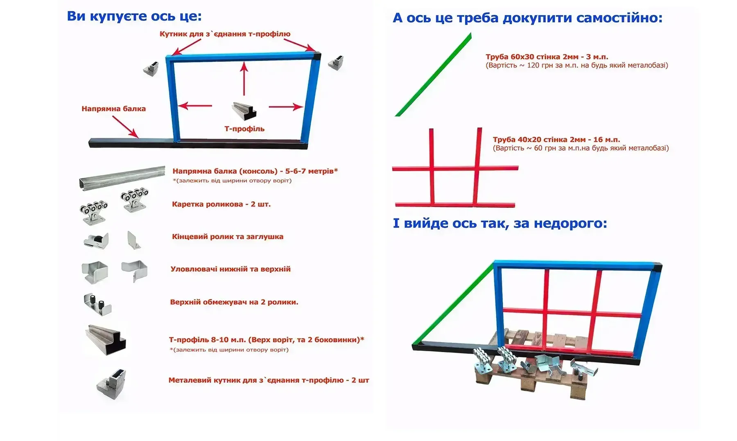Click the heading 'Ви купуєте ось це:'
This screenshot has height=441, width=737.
click(134, 16)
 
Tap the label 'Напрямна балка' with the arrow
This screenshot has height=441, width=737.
click(113, 109)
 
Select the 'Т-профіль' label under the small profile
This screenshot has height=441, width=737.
click(244, 129)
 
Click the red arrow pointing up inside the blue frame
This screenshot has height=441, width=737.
click(244, 79)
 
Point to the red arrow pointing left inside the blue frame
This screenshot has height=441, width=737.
click(195, 106)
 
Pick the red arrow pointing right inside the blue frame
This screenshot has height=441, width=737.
click(286, 107)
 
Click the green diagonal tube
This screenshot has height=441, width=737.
click(434, 75)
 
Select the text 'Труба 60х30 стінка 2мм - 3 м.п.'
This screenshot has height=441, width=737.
click(547, 57)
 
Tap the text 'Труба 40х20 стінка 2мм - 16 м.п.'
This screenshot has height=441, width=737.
click(556, 140)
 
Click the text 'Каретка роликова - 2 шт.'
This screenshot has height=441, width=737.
click(221, 204)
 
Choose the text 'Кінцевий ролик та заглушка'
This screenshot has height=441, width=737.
click(228, 237)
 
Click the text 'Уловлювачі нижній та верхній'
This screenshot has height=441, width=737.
click(231, 269)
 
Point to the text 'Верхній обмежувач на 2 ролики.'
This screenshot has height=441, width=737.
click(234, 302)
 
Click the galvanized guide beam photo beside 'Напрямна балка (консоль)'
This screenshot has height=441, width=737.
click(122, 177)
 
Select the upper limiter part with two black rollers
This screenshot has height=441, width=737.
click(98, 304)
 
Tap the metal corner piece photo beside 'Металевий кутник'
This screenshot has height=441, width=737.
click(111, 385)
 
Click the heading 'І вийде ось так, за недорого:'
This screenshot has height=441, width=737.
click(500, 224)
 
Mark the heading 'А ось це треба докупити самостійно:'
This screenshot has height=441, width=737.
click(527, 18)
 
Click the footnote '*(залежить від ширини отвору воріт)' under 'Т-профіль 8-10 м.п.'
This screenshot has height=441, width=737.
click(229, 350)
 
